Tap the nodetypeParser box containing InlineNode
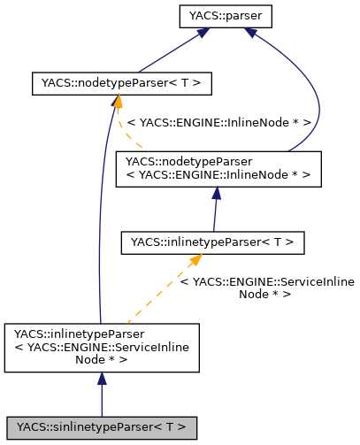(x=218, y=168)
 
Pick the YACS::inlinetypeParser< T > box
(x=212, y=241)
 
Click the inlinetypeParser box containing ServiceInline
(x=102, y=346)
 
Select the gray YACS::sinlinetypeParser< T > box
(x=102, y=427)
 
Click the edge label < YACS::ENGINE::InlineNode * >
(x=218, y=123)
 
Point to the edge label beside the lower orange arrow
(x=266, y=288)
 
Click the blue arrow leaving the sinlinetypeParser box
(x=102, y=398)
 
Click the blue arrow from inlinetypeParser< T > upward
(x=215, y=212)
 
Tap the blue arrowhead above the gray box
(x=102, y=379)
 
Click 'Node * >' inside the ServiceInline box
(x=102, y=359)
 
